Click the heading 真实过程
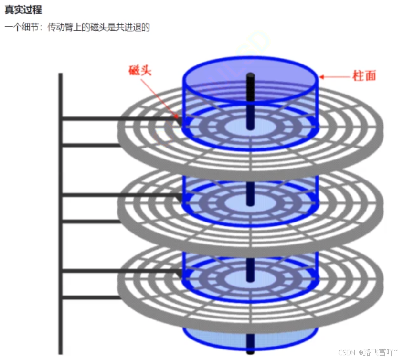(x=23, y=10)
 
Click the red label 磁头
(x=140, y=71)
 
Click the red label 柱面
(x=364, y=75)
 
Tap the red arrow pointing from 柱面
(x=334, y=76)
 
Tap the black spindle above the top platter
(x=250, y=88)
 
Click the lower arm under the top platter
(x=91, y=145)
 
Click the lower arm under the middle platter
(x=91, y=221)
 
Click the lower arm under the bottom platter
(x=91, y=297)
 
